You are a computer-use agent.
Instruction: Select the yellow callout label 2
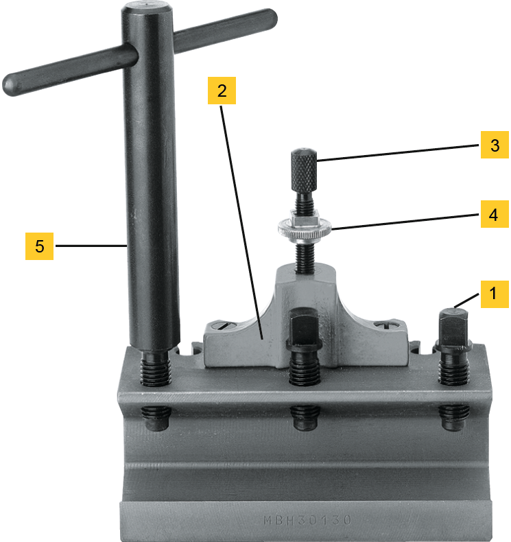222,90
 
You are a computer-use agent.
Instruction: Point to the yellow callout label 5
40,245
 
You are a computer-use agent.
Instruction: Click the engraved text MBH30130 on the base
308,520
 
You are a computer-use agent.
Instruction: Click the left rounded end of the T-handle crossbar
12,84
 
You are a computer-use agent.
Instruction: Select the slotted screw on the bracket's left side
225,327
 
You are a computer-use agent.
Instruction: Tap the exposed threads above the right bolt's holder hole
453,370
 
